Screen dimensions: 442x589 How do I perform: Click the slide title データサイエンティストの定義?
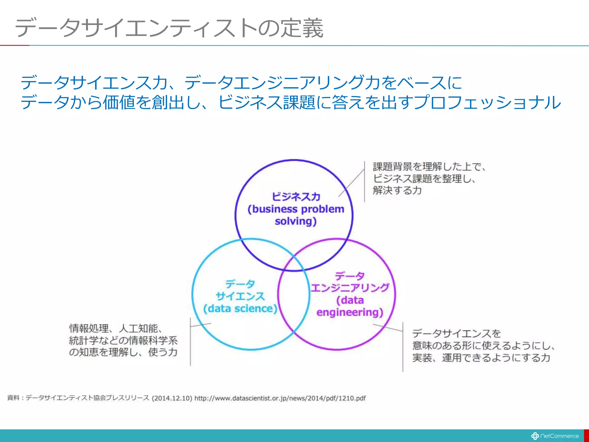click(x=169, y=28)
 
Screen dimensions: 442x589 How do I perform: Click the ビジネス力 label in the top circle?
click(x=296, y=197)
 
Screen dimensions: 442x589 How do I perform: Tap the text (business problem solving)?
click(x=296, y=215)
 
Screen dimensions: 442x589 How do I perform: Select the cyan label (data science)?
click(x=240, y=308)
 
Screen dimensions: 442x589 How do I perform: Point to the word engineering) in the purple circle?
click(x=350, y=312)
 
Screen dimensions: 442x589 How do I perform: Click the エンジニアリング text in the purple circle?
click(x=350, y=288)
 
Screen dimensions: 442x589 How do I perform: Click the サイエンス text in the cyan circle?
click(x=240, y=296)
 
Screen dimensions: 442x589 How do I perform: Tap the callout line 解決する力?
click(x=397, y=190)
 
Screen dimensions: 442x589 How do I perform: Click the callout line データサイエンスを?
click(x=456, y=334)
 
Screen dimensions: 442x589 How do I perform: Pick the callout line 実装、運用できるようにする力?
click(x=481, y=358)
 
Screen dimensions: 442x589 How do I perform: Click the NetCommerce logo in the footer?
click(x=555, y=436)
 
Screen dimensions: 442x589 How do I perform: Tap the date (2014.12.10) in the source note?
click(x=172, y=398)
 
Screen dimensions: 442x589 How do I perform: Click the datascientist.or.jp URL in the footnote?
click(x=280, y=398)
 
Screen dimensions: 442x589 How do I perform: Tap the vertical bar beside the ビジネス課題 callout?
click(x=364, y=181)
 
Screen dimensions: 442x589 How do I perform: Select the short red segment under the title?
click(x=14, y=45)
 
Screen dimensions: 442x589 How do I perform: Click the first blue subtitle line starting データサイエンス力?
click(x=241, y=83)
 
